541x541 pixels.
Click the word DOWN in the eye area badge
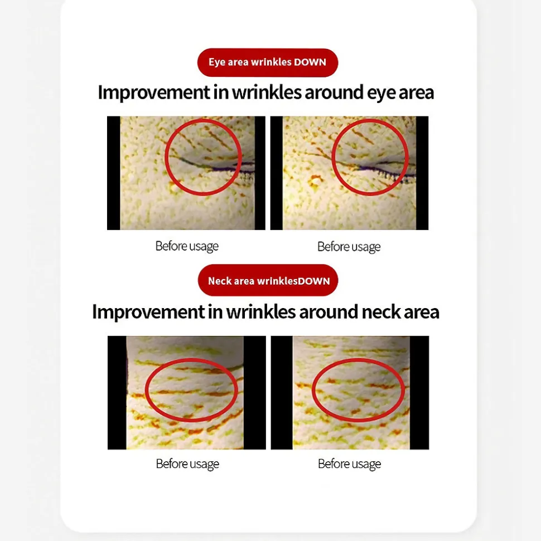click(x=310, y=62)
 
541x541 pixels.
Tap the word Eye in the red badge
click(x=216, y=62)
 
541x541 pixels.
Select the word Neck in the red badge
click(x=220, y=281)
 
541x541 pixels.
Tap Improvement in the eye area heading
click(x=154, y=92)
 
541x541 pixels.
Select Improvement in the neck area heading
click(x=148, y=311)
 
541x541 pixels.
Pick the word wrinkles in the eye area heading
click(x=267, y=92)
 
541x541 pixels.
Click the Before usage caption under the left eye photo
click(x=187, y=246)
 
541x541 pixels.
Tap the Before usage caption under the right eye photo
click(x=349, y=247)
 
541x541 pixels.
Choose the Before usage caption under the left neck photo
click(x=187, y=464)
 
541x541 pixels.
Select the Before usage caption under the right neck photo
click(x=350, y=464)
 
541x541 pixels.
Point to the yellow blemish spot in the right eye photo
click(x=316, y=180)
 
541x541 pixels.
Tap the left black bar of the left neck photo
click(x=117, y=393)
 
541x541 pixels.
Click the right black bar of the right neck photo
click(x=419, y=393)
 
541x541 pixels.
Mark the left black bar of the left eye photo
click(x=114, y=173)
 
